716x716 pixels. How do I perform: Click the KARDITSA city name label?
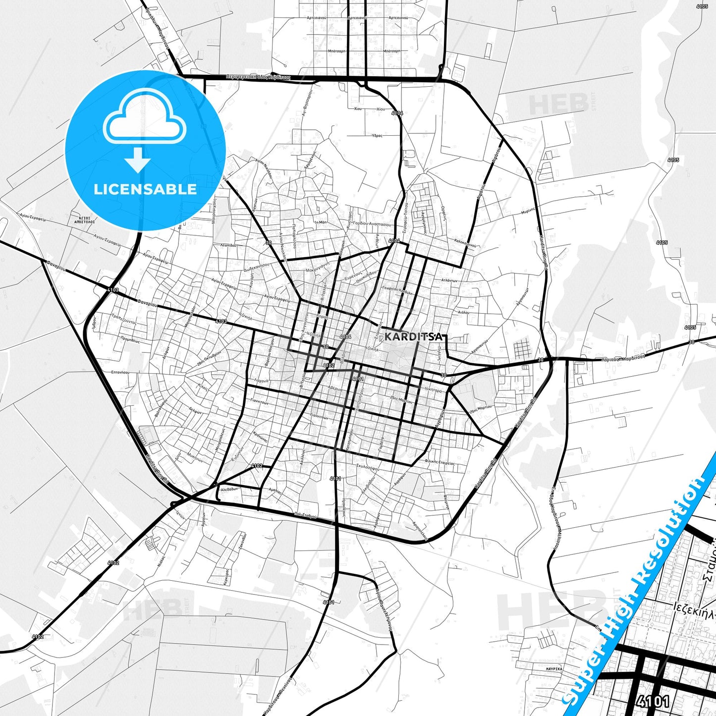point(413,336)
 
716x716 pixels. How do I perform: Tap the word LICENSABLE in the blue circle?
point(145,189)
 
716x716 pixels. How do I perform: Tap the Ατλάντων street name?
point(448,280)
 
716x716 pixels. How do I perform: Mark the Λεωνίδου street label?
point(228,245)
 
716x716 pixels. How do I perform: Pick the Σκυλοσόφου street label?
point(367,468)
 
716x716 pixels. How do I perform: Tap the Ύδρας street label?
point(377,135)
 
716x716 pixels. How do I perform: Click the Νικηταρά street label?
point(434,389)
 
